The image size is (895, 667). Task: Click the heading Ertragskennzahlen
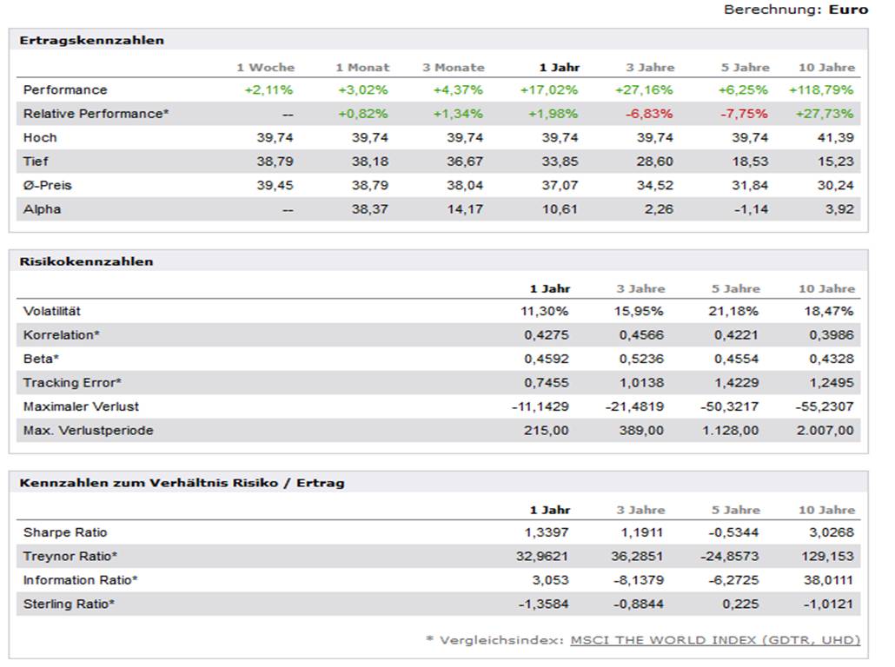point(91,40)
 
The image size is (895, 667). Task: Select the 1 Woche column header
point(265,67)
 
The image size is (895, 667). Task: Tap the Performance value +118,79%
point(821,89)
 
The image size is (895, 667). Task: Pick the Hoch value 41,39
point(835,137)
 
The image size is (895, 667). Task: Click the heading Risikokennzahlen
point(86,261)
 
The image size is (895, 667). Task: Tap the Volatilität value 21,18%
point(733,311)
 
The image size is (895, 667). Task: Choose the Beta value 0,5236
point(641,359)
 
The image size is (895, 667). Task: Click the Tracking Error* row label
point(72,382)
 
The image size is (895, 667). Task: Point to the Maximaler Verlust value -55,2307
point(825,406)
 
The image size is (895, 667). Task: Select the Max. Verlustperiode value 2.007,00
point(825,430)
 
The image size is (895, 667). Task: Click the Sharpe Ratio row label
point(65,532)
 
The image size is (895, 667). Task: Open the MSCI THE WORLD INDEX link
point(714,640)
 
